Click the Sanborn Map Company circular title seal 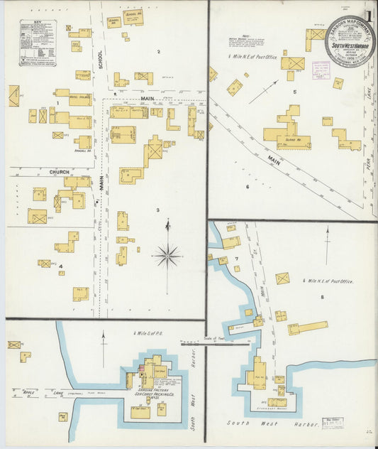point(349,41)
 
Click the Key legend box point(38,43)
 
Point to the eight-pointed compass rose point(167,254)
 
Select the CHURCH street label point(59,172)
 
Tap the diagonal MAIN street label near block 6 point(273,161)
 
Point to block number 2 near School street point(158,52)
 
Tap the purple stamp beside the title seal point(321,70)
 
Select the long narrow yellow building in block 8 point(308,328)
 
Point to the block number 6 point(248,187)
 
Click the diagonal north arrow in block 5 point(262,92)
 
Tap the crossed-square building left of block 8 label point(282,278)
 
